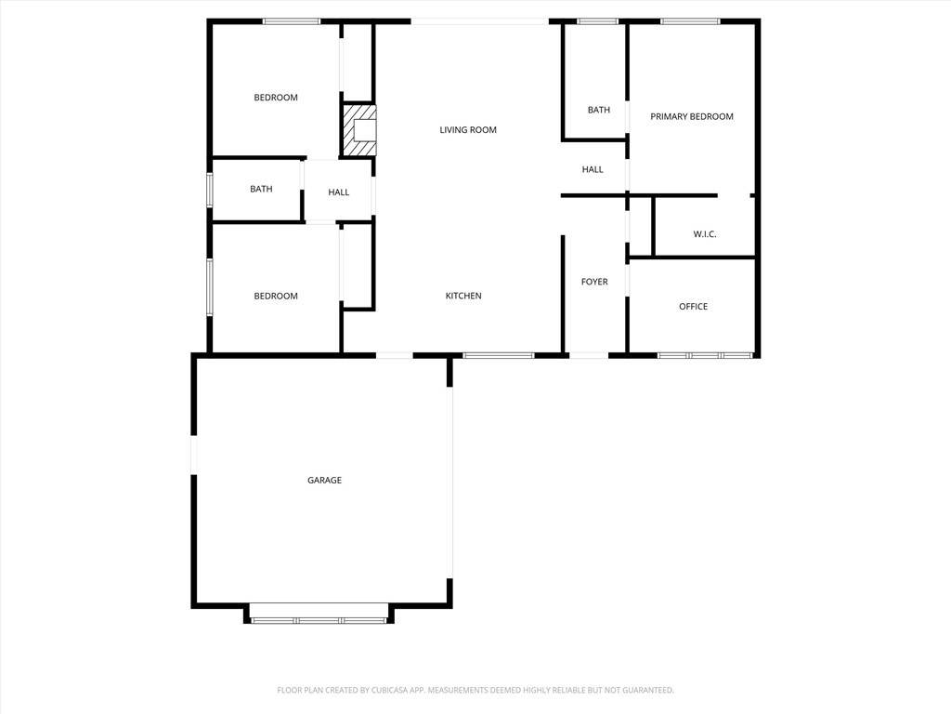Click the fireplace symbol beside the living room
(x=360, y=130)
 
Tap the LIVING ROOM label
(x=468, y=130)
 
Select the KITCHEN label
(x=463, y=296)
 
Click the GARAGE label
(x=324, y=481)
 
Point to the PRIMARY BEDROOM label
(x=692, y=117)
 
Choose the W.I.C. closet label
(x=705, y=234)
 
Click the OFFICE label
(x=693, y=307)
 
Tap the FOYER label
(x=594, y=282)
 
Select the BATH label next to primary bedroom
(x=599, y=111)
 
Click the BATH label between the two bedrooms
(x=261, y=190)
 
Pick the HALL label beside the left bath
(x=339, y=192)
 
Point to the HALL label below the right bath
(x=593, y=169)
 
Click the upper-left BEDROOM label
(x=276, y=98)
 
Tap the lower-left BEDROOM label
(x=276, y=297)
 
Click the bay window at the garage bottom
(x=319, y=619)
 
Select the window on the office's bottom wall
(x=705, y=355)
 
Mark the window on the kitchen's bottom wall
(x=499, y=355)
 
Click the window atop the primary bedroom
(x=690, y=21)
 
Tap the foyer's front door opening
(x=589, y=355)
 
